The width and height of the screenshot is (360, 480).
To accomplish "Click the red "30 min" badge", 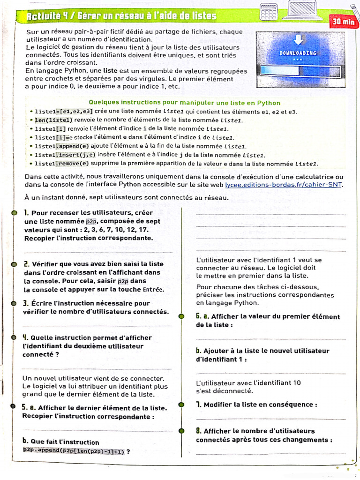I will (344, 21).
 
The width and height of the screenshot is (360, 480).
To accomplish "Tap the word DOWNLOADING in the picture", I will (298, 53).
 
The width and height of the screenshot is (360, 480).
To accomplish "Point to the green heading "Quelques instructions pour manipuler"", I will (184, 103).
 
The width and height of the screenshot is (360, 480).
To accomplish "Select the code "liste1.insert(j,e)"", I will (65, 155).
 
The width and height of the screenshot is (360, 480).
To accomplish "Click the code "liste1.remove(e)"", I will (62, 164).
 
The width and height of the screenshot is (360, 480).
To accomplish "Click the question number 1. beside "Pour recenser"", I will (27, 213).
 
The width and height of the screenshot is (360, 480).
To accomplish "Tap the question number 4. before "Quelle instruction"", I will (26, 337).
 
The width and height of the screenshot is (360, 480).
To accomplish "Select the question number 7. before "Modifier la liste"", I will (199, 405).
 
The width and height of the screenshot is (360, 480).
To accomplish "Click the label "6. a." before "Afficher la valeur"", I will (202, 316).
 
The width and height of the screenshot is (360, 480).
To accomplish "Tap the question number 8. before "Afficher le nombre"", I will (199, 431).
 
